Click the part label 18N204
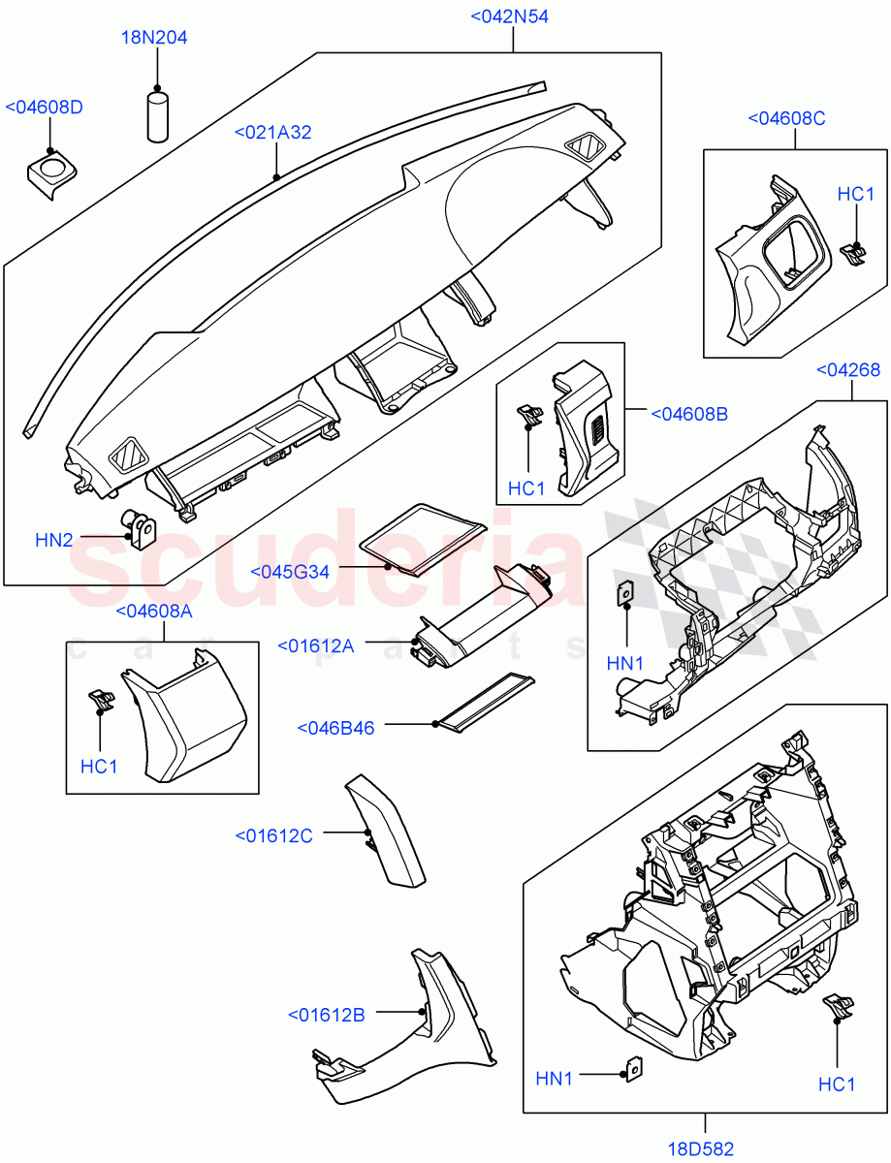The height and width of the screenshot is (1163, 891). point(154,38)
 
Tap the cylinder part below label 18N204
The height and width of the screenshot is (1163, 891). point(159,115)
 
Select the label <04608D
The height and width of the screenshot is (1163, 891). point(45,107)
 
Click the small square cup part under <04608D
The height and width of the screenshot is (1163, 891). point(48,174)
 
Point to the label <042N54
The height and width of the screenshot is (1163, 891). point(509,16)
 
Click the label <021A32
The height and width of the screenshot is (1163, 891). point(273,132)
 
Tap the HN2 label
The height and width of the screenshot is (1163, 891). point(54,540)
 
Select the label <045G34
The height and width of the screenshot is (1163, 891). point(290,572)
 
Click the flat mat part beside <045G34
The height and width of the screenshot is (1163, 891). point(423,538)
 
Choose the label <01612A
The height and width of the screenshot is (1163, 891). point(315,645)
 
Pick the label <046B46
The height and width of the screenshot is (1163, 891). point(335,727)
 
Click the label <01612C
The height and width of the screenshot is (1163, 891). point(273,834)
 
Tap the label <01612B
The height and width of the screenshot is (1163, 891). point(326,1015)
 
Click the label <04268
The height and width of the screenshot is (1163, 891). point(848,369)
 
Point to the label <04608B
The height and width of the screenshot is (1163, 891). point(688,414)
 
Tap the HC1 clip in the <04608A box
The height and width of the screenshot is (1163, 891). point(101,698)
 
